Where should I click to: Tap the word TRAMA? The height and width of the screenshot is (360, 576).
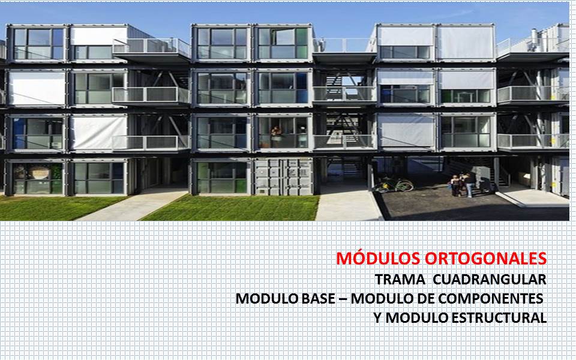(400, 280)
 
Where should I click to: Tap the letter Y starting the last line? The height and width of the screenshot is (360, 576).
(377, 317)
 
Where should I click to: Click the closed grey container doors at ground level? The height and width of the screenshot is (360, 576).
(283, 177)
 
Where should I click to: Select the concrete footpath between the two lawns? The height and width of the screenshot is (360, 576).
(135, 205)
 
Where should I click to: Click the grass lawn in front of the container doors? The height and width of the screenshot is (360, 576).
(240, 208)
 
